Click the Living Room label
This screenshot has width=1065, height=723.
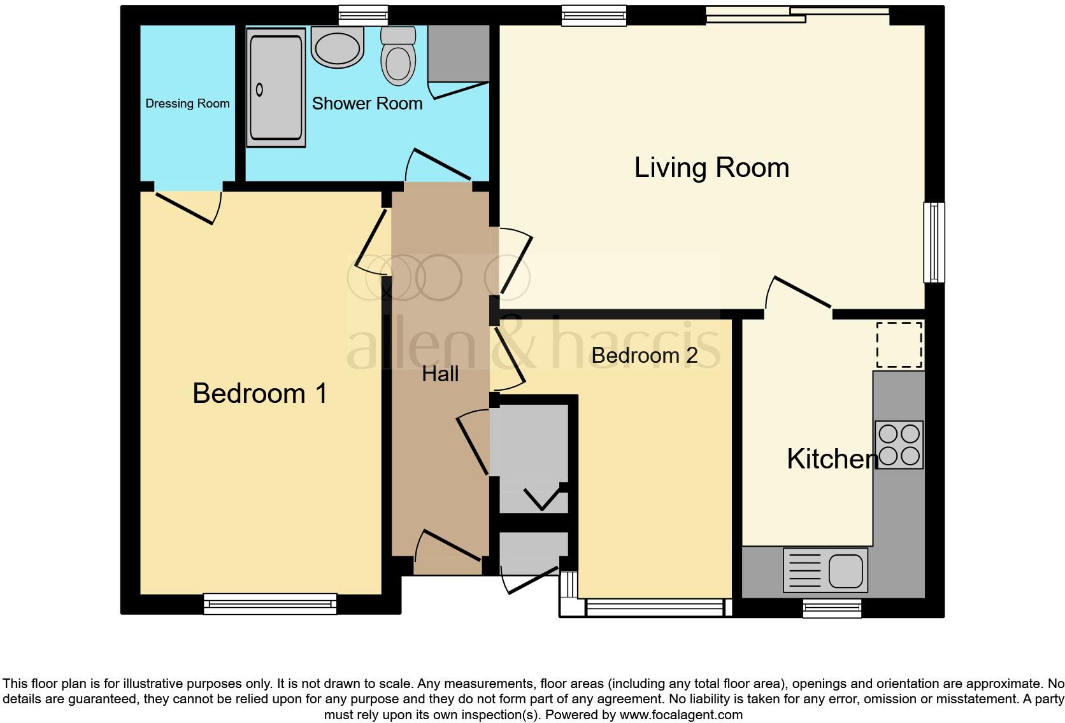[x=711, y=168]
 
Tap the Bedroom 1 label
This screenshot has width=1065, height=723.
[x=260, y=393]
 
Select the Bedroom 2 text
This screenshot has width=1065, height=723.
[x=644, y=355]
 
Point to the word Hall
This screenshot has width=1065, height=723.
[x=440, y=374]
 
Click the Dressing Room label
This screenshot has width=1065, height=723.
[x=187, y=104]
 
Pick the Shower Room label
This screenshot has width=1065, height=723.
[x=367, y=103]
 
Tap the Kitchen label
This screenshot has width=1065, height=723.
[x=831, y=459]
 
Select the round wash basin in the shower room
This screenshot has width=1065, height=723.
[x=338, y=48]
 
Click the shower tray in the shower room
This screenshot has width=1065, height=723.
[x=276, y=88]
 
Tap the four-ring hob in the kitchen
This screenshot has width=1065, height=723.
[x=899, y=444]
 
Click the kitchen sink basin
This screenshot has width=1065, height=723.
[x=846, y=570]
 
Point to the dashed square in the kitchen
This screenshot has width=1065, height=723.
[x=899, y=345]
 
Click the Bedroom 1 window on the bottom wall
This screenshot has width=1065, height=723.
[x=270, y=603]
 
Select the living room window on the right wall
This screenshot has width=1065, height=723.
[x=934, y=242]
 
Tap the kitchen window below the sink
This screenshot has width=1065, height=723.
[x=832, y=608]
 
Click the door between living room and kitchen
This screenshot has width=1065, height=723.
[x=799, y=294]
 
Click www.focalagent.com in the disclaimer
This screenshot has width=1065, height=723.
[x=680, y=715]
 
